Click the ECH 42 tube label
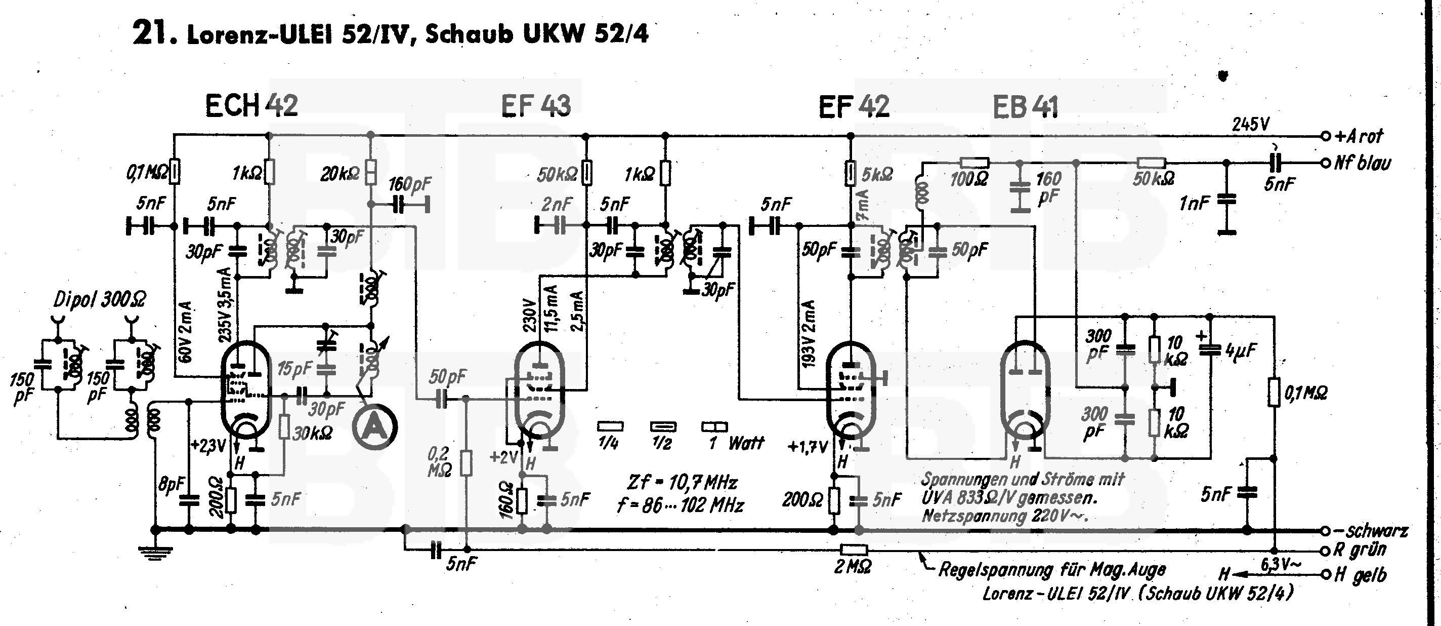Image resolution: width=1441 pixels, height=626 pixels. (252, 106)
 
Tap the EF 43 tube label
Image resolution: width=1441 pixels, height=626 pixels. (535, 106)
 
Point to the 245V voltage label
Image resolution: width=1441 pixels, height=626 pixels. (1251, 124)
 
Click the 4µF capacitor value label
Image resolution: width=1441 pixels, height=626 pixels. (1240, 351)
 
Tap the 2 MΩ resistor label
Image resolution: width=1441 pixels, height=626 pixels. (852, 568)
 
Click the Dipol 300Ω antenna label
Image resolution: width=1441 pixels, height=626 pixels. (100, 300)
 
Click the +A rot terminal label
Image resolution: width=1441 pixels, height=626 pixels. (1359, 136)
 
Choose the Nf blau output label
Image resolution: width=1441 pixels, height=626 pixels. (1362, 163)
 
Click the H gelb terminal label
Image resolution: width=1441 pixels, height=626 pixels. (1361, 575)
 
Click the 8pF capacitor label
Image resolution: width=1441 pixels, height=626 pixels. (171, 484)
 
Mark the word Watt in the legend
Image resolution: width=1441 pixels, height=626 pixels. (746, 444)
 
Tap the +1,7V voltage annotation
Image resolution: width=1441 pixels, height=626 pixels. (807, 447)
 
